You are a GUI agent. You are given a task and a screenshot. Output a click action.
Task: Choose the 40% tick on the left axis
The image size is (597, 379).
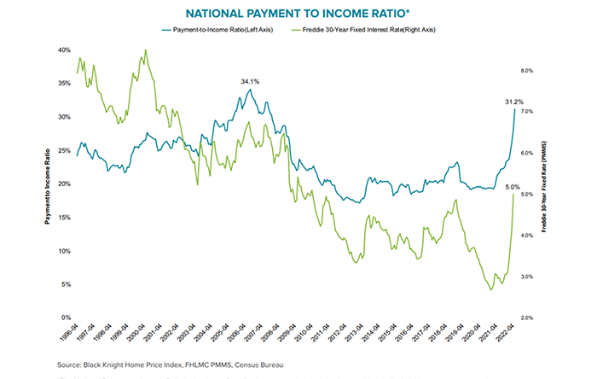(x=64, y=50)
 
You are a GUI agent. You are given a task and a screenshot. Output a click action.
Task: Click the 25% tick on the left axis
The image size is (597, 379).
(x=64, y=150)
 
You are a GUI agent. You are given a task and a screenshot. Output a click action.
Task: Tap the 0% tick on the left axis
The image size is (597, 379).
(x=66, y=318)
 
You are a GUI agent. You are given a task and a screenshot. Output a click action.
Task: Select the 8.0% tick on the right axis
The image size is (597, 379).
(x=526, y=71)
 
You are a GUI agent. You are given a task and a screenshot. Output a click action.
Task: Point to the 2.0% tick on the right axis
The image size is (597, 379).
(x=526, y=318)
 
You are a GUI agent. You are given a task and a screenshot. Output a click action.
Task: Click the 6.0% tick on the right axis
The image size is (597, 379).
(x=526, y=154)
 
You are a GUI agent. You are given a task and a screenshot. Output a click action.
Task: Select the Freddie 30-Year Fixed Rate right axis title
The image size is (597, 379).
(x=543, y=184)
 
